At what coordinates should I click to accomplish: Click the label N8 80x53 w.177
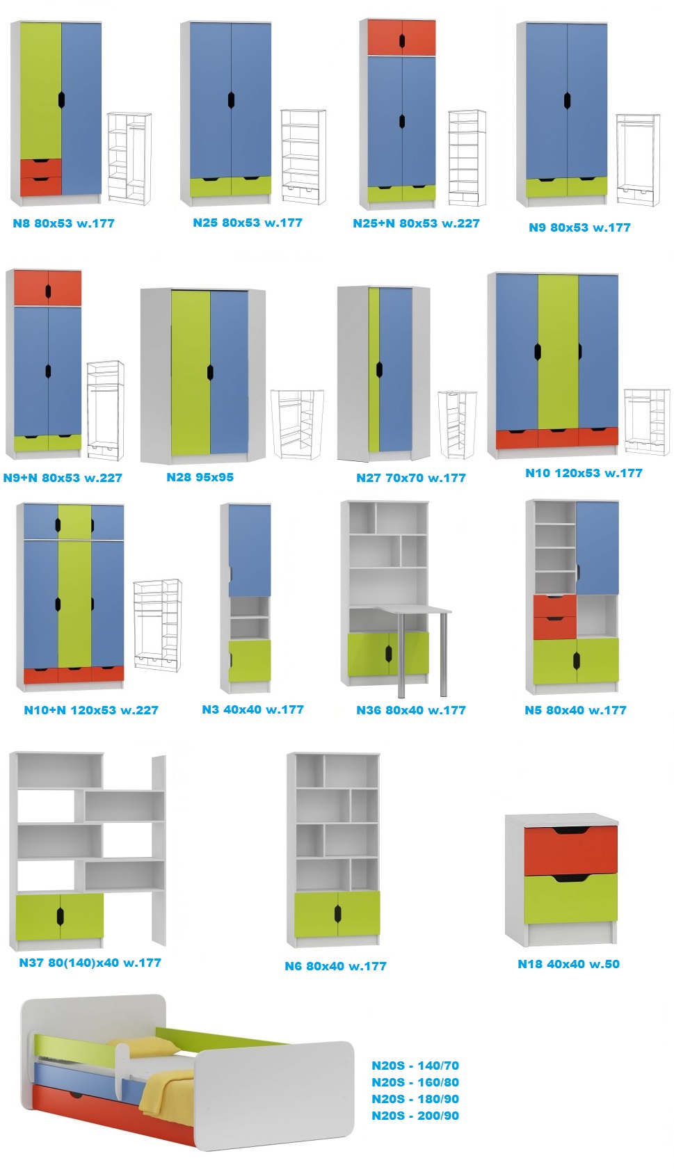63,223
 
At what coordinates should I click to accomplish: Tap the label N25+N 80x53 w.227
416,223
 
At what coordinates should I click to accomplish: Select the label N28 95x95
200,477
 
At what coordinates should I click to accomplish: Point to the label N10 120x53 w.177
584,473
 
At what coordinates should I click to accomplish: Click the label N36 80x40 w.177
410,710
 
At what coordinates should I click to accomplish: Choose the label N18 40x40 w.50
568,964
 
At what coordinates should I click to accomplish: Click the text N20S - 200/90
415,1116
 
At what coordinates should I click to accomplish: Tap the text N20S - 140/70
415,1066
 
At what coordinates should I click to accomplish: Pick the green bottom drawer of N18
570,900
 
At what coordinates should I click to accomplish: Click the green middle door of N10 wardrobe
558,351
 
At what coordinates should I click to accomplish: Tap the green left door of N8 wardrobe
40,90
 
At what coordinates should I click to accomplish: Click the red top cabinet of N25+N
401,38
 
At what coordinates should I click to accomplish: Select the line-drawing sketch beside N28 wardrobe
297,424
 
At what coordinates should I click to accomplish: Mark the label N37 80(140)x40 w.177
90,963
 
